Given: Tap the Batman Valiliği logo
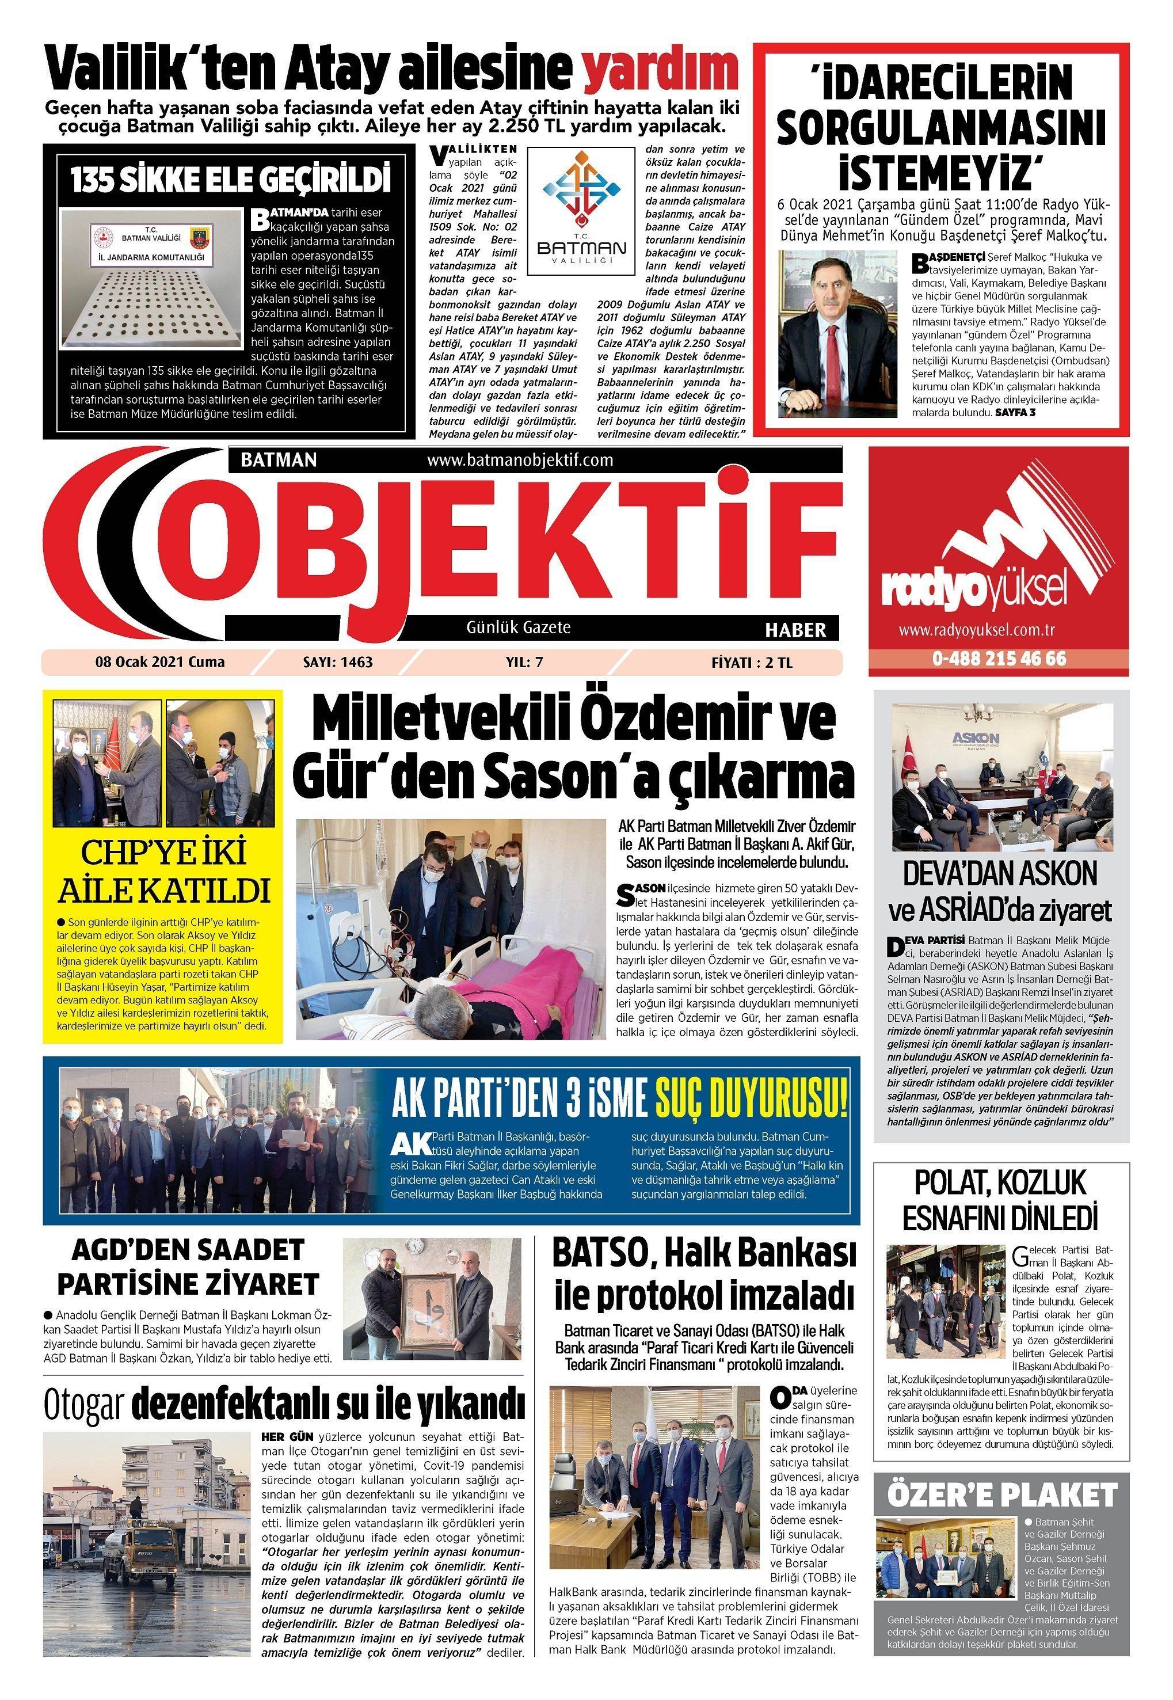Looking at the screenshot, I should pos(585,213).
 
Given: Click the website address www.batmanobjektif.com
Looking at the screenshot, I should pos(520,460).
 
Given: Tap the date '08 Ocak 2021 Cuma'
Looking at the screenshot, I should pos(159,662).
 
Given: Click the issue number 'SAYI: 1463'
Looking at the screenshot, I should pos(338,662).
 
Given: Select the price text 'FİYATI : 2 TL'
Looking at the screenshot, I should pos(752,662).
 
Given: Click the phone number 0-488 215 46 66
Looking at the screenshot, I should pos(999,659).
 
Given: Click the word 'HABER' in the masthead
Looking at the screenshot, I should pos(795,629).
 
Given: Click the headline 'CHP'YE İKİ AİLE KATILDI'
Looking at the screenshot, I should pos(163,872).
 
